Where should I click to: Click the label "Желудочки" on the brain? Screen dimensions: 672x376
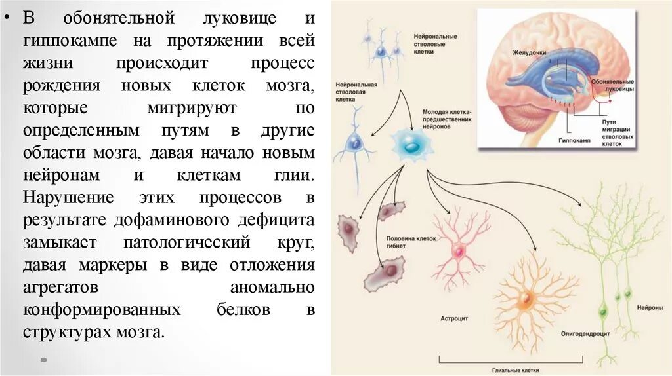pos(531,52)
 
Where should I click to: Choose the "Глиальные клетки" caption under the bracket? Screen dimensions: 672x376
pos(511,369)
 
